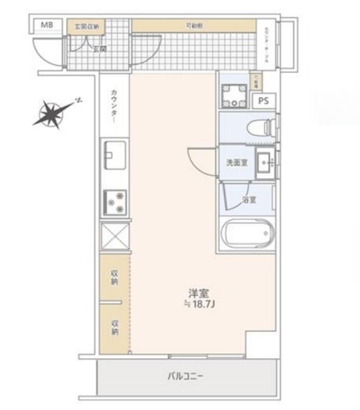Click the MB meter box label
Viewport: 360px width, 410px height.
tap(47, 25)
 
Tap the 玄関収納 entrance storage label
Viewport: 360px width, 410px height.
tap(87, 26)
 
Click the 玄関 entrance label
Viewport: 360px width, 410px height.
tap(99, 48)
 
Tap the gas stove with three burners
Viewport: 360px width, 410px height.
tap(114, 203)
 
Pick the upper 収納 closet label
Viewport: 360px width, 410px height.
tap(114, 278)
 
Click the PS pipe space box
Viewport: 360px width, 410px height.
tap(264, 101)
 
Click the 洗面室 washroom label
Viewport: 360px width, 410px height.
tap(236, 163)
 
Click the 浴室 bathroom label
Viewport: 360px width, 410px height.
tap(249, 200)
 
